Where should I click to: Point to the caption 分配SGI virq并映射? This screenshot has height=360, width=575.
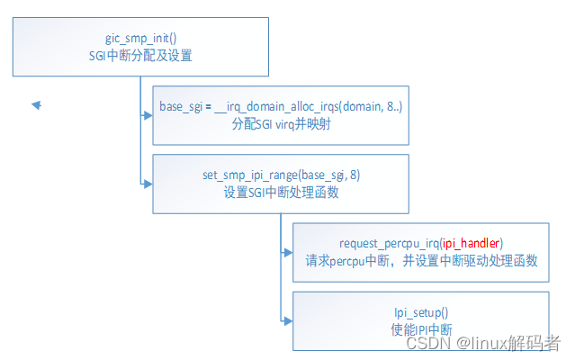pyautogui.click(x=282, y=124)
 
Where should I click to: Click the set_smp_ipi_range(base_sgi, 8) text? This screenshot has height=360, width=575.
pyautogui.click(x=282, y=175)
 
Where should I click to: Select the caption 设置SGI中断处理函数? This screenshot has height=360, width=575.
pyautogui.click(x=282, y=192)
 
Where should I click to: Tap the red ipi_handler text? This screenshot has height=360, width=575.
pyautogui.click(x=472, y=243)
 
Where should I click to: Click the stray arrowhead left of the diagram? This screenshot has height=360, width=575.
pyautogui.click(x=37, y=105)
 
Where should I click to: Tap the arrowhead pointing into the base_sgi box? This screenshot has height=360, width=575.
pyautogui.click(x=147, y=115)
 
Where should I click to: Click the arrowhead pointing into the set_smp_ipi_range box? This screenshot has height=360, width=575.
pyautogui.click(x=147, y=183)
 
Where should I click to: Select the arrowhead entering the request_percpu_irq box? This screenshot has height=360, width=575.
pyautogui.click(x=287, y=252)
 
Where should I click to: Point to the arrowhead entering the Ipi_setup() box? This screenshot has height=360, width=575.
pyautogui.click(x=287, y=319)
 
